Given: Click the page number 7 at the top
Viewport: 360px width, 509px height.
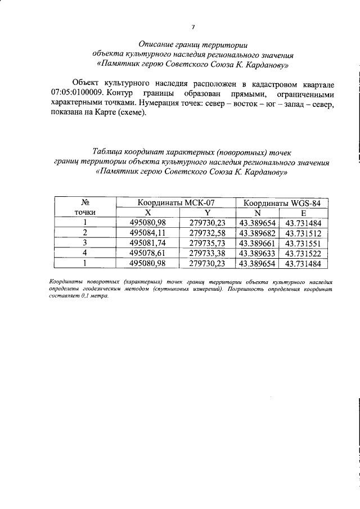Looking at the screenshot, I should (192, 26).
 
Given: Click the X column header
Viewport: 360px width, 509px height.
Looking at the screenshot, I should (148, 213).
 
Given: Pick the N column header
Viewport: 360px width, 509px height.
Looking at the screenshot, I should (258, 213).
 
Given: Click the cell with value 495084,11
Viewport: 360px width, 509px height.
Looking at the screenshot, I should (148, 233).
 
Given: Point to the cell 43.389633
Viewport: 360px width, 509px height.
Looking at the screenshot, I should (258, 253).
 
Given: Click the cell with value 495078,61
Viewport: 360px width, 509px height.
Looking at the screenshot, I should (148, 253).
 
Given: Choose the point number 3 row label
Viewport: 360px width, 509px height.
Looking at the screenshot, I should (85, 243).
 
